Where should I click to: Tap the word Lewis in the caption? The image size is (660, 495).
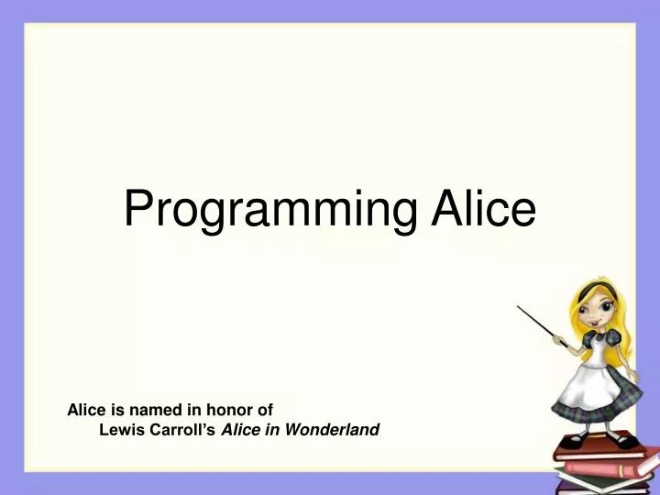[x=119, y=429]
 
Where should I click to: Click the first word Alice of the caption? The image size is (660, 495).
[x=86, y=411]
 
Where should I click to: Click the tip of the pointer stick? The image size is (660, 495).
[x=519, y=308]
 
